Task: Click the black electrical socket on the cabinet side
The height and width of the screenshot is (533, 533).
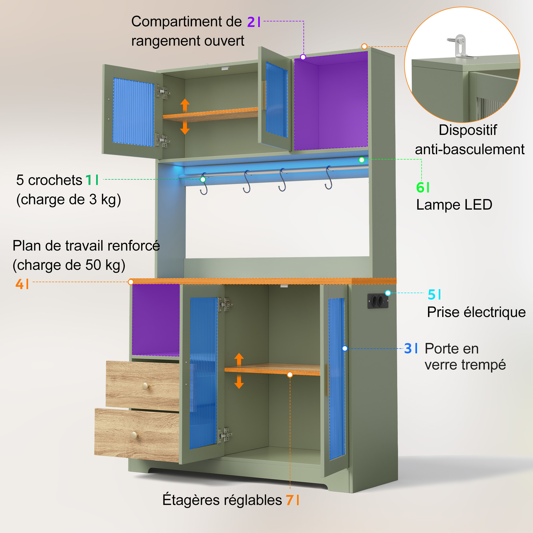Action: click(x=378, y=301)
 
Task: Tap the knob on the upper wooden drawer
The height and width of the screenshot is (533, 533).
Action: click(x=145, y=386)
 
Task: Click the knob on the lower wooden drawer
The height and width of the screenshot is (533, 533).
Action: click(x=134, y=435)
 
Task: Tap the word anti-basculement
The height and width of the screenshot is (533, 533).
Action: click(x=470, y=150)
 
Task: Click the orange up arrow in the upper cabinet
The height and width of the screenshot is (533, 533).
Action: click(x=185, y=105)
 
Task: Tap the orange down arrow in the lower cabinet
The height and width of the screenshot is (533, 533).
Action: click(x=239, y=381)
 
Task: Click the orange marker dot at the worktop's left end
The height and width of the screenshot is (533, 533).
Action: click(x=131, y=282)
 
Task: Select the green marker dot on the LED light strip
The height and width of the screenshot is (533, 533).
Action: click(x=362, y=160)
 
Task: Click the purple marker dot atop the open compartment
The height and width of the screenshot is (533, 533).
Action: click(x=303, y=57)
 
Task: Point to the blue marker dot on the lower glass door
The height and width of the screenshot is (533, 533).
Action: click(x=345, y=349)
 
